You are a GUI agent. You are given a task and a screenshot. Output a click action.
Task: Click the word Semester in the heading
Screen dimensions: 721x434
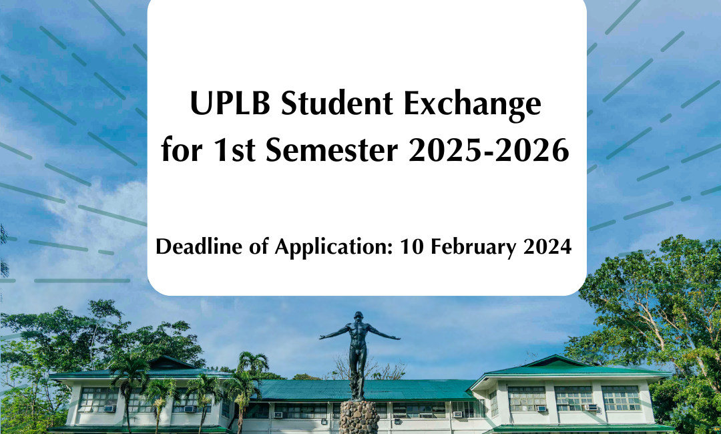pyautogui.click(x=331, y=150)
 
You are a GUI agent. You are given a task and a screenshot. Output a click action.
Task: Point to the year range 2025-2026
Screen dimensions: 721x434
pyautogui.click(x=489, y=150)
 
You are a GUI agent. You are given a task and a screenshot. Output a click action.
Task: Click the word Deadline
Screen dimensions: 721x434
pyautogui.click(x=199, y=246)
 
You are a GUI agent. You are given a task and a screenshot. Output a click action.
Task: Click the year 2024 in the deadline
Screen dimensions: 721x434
pyautogui.click(x=547, y=246)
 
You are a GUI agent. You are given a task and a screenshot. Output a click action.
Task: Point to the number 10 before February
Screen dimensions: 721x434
pyautogui.click(x=411, y=246)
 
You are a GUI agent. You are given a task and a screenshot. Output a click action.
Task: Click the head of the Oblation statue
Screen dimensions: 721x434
pyautogui.click(x=358, y=317)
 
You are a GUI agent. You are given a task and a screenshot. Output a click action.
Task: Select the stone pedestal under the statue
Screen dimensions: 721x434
pyautogui.click(x=359, y=417)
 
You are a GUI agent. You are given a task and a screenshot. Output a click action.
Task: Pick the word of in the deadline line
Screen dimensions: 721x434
pyautogui.click(x=258, y=246)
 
